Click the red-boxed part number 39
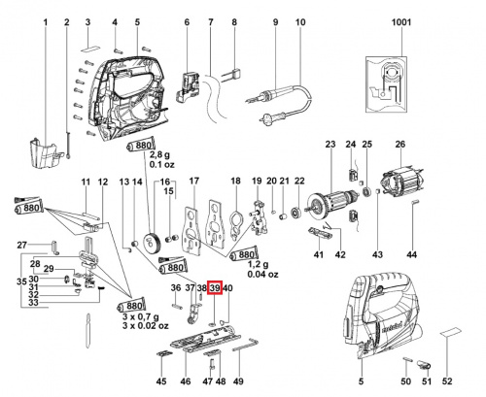point(215,288)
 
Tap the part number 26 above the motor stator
point(399,146)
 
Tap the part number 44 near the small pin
point(412,254)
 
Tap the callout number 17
point(193,182)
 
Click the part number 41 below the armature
point(317,254)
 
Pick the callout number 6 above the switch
point(186,21)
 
